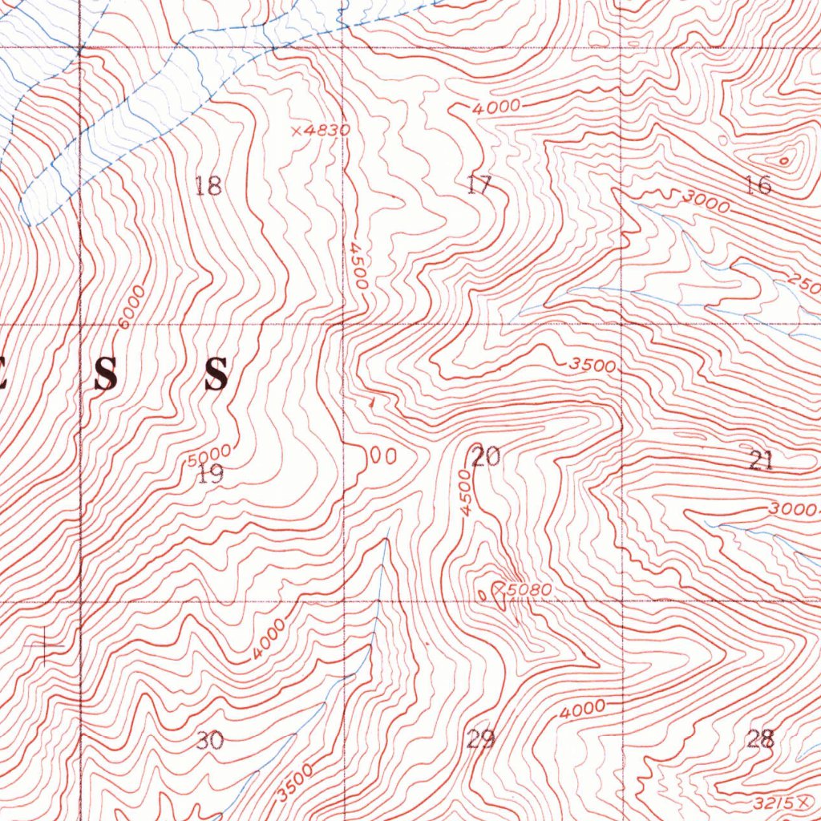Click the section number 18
(x=208, y=186)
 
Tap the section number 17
(x=479, y=186)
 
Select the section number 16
(x=758, y=186)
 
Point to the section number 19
(x=211, y=475)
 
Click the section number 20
(x=485, y=457)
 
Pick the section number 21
(x=760, y=460)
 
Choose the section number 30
(x=209, y=740)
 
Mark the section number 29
(x=480, y=738)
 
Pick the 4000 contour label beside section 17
(x=495, y=106)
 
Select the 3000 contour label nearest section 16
(x=706, y=202)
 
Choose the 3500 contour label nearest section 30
(x=294, y=783)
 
